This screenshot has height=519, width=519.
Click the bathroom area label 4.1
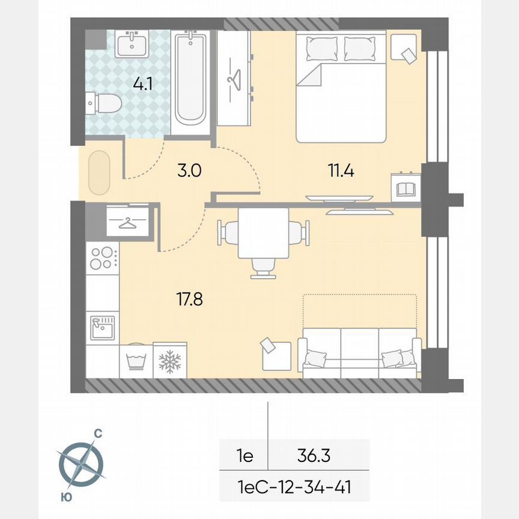(x=142, y=83)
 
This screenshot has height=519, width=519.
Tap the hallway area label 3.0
(x=189, y=171)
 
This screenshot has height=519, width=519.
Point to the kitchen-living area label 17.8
(x=190, y=299)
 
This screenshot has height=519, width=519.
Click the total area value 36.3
(x=314, y=456)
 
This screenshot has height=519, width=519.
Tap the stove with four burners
(x=102, y=258)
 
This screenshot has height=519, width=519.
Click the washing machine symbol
(x=136, y=361)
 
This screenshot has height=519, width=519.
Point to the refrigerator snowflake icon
(x=170, y=361)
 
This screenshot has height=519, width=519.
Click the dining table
(x=263, y=232)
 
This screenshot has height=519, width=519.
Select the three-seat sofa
(x=359, y=354)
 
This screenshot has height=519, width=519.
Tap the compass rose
(x=81, y=464)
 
